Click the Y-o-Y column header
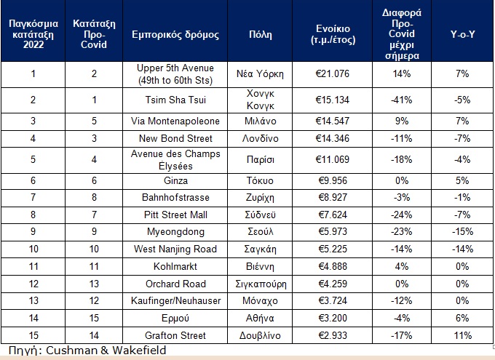click(462, 34)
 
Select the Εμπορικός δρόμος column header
click(175, 35)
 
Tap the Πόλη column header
click(261, 34)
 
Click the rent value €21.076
click(333, 74)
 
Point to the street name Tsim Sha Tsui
click(175, 100)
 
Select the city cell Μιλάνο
click(261, 121)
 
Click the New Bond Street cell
click(175, 138)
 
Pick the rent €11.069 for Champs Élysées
click(333, 159)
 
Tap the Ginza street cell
click(175, 181)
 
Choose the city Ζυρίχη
click(260, 198)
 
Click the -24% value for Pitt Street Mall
click(402, 215)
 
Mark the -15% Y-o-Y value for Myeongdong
click(462, 232)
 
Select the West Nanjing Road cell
click(175, 249)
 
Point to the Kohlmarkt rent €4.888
click(333, 267)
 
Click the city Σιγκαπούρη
click(261, 284)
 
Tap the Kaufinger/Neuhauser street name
click(175, 301)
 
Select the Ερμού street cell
click(175, 319)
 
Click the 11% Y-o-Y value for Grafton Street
click(462, 335)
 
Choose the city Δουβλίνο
click(260, 335)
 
